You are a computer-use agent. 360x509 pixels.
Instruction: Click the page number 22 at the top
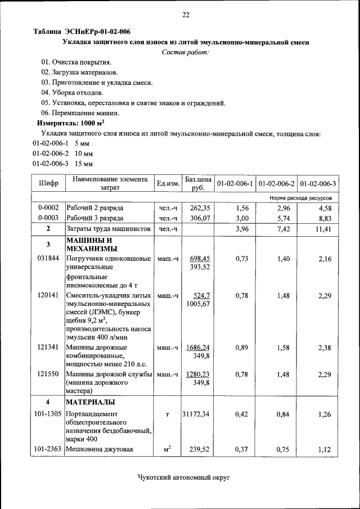(185, 15)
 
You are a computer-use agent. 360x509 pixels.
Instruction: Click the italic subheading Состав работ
(185, 52)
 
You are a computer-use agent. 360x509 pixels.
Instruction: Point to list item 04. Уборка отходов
(72, 92)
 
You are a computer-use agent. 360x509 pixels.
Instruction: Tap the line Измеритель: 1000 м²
(71, 123)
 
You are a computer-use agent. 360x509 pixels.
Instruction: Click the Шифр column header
(48, 183)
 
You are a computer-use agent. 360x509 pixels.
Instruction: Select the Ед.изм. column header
(168, 183)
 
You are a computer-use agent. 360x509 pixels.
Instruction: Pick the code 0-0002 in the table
(48, 208)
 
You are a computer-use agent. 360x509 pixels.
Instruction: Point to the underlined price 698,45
(197, 258)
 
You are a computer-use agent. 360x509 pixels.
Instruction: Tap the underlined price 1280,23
(197, 374)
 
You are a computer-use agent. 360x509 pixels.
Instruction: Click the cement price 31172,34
(196, 415)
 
